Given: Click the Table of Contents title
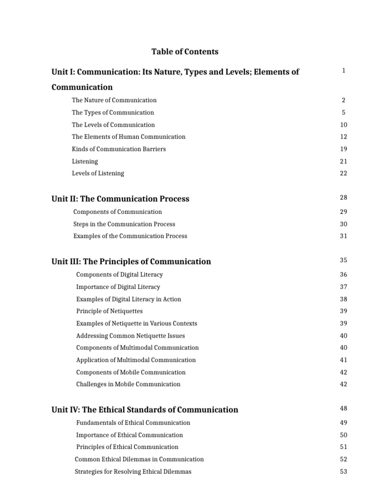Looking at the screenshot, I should (185, 52).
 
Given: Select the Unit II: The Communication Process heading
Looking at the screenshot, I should (120, 199).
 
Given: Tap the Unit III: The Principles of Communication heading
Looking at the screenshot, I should (131, 261).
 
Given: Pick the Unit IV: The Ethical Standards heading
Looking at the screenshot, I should (145, 409).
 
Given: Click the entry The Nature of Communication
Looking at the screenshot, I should (114, 100).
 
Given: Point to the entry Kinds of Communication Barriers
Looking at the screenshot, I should (119, 149).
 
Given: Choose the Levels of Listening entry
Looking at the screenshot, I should (98, 173).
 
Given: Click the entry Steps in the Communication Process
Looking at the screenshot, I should (124, 224).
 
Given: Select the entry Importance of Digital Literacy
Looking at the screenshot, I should (118, 287).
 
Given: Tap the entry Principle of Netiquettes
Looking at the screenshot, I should (109, 311).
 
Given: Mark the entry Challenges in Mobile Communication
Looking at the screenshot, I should (129, 384).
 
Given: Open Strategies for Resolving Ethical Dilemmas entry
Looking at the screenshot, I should (133, 472).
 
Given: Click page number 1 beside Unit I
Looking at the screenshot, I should (344, 71).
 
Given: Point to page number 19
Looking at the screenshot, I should (344, 149).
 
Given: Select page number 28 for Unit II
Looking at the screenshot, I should (344, 198).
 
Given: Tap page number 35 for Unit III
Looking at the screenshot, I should (344, 260).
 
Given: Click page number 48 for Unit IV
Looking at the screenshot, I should (344, 408).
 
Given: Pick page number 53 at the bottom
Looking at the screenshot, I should (344, 472).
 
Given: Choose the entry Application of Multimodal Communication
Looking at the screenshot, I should (136, 360).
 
